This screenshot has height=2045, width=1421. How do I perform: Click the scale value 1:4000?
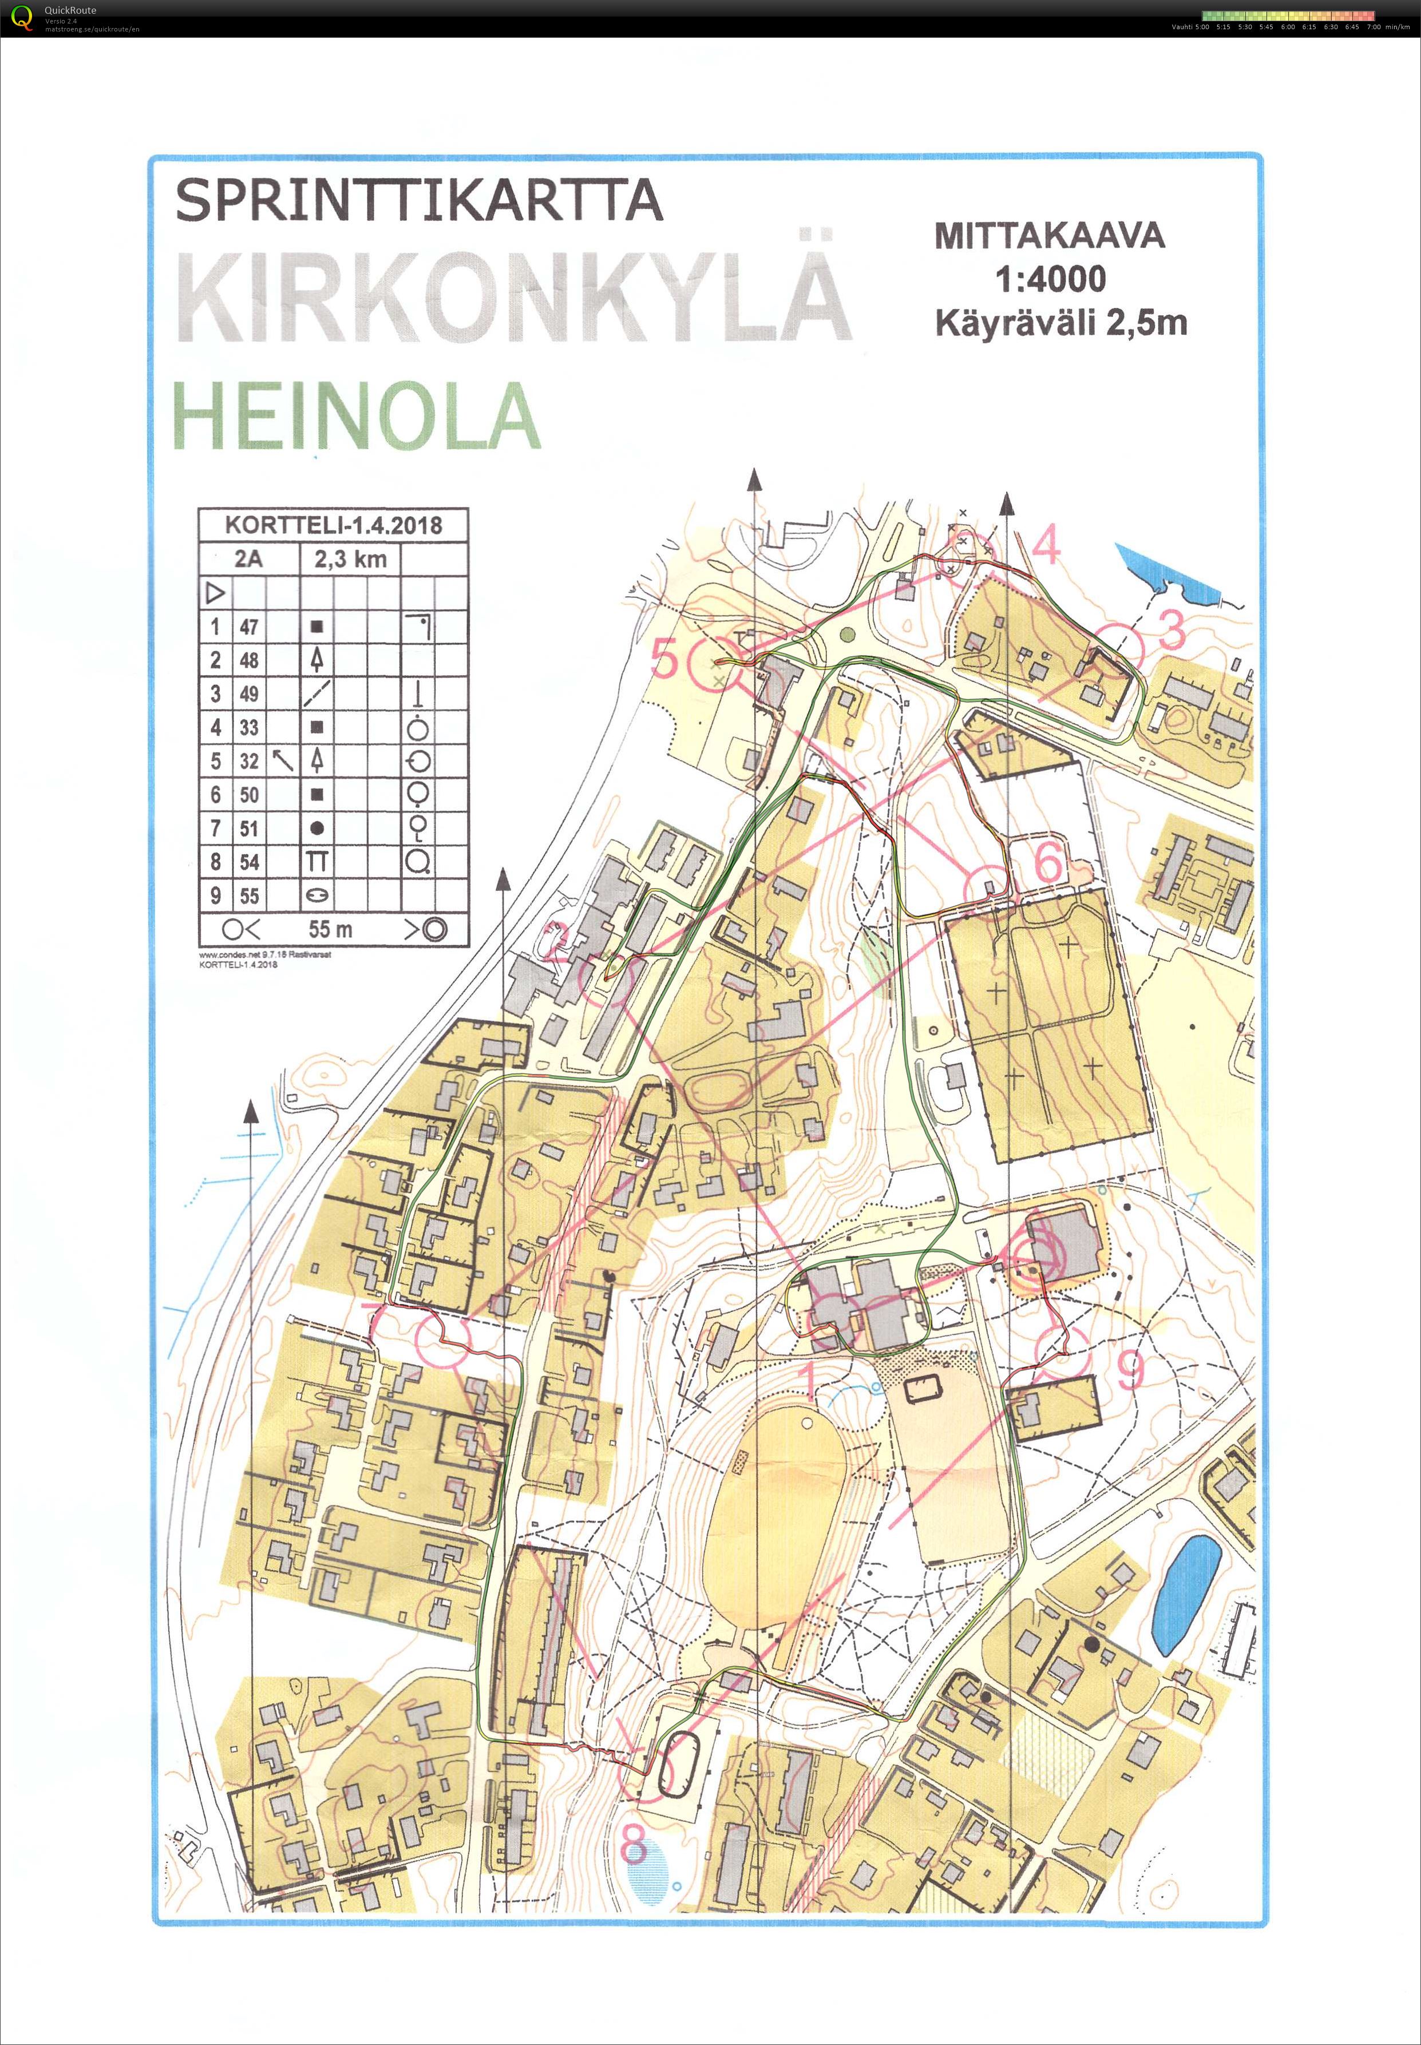(1051, 279)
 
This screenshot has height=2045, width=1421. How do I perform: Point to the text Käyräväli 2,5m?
(1060, 322)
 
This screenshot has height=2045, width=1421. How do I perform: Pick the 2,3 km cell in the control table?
(350, 559)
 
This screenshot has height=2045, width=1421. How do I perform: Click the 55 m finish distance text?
(330, 929)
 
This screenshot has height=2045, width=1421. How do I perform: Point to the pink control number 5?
(664, 659)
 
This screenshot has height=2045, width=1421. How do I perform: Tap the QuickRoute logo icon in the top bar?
(21, 18)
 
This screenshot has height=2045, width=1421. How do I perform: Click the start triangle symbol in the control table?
(215, 592)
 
